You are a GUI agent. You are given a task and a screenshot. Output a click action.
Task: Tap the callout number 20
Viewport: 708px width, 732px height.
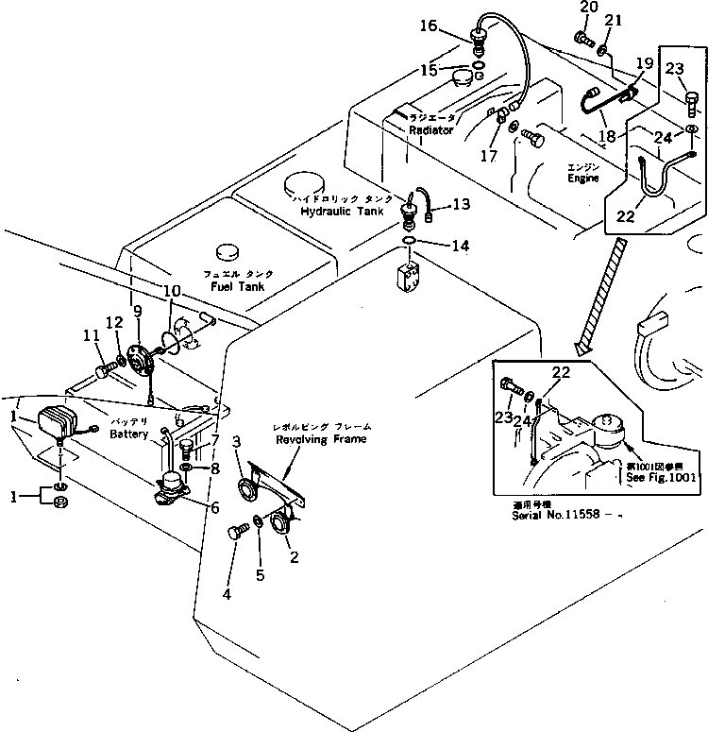(x=588, y=9)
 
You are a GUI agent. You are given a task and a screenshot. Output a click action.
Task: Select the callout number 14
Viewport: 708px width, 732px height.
(x=459, y=247)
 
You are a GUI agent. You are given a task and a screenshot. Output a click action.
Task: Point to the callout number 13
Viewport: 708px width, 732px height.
(x=460, y=203)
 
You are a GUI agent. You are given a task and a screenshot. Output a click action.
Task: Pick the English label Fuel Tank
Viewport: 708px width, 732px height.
(x=238, y=285)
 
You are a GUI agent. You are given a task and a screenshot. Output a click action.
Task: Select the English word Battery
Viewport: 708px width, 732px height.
(x=128, y=434)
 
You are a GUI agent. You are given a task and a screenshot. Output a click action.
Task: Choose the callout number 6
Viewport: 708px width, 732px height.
(x=214, y=508)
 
